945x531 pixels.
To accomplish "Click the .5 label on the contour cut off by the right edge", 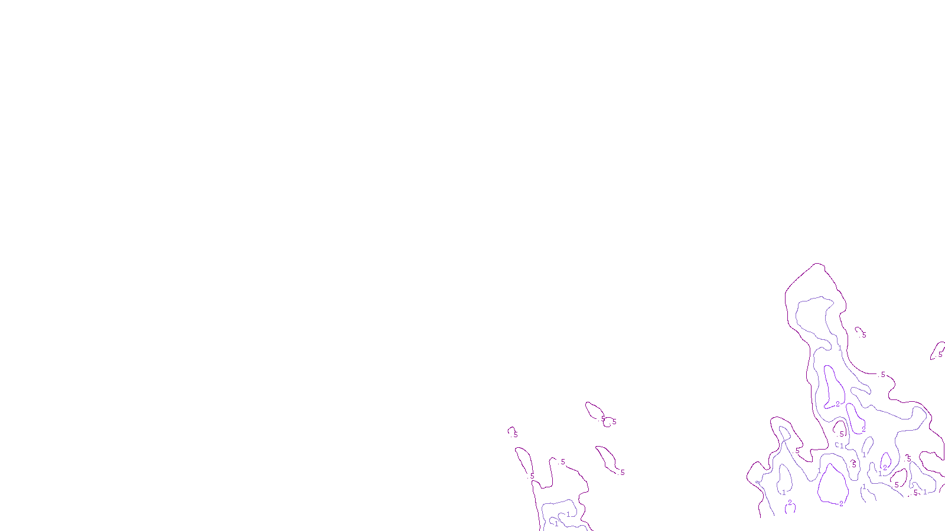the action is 940,355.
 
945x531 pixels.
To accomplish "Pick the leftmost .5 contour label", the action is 515,435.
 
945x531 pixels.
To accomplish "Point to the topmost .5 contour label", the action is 863,335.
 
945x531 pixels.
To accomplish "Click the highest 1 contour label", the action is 840,348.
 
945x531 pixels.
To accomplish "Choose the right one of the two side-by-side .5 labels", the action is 614,422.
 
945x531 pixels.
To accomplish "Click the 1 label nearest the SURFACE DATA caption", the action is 556,523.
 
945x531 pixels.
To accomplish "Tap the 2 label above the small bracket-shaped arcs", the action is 790,503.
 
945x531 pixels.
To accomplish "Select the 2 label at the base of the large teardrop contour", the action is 841,504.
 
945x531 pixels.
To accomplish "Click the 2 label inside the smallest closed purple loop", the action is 884,467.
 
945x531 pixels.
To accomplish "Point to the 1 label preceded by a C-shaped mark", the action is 842,446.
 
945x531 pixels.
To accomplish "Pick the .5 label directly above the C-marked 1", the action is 841,434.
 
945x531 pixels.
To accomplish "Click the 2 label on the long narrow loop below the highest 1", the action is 838,404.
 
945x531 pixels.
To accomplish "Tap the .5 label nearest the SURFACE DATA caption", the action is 532,476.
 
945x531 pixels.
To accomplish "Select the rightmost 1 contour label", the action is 925,492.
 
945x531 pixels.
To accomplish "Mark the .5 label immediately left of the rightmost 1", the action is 915,493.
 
